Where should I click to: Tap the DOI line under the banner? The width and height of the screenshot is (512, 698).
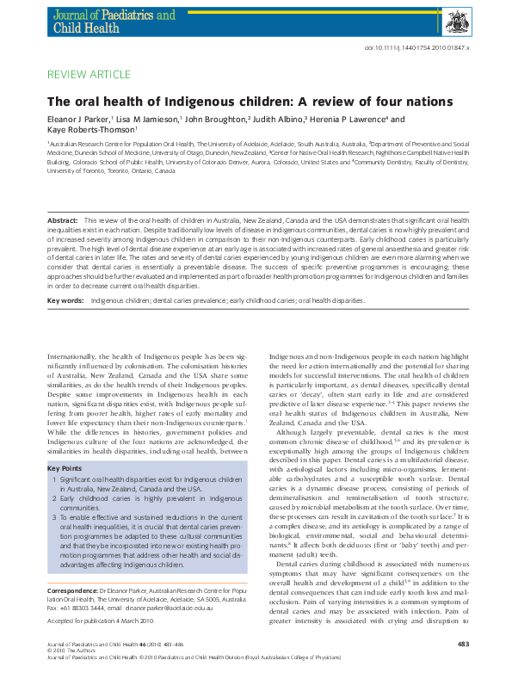(427, 48)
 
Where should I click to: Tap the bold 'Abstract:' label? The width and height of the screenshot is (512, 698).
(63, 221)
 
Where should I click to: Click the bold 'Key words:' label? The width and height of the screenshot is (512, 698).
(65, 276)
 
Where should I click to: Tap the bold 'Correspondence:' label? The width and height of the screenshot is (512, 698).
(72, 591)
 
